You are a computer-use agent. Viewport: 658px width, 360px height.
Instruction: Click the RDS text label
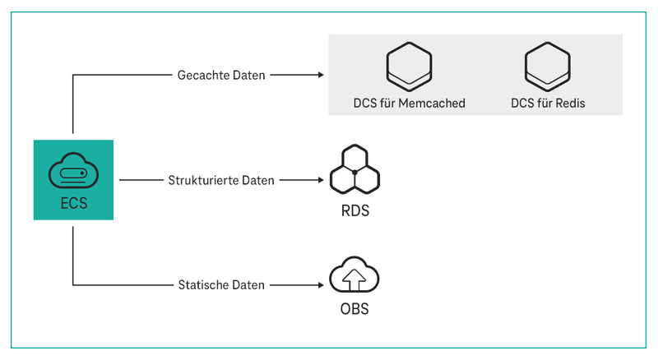click(x=354, y=210)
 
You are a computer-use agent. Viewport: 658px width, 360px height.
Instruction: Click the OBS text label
click(x=354, y=310)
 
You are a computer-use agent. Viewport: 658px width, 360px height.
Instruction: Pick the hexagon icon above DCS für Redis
click(x=548, y=67)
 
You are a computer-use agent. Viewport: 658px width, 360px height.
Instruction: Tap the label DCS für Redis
click(x=548, y=104)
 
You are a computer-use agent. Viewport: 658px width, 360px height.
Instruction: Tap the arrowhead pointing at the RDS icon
click(x=319, y=179)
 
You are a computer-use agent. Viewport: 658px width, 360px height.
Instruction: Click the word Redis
click(x=568, y=104)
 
